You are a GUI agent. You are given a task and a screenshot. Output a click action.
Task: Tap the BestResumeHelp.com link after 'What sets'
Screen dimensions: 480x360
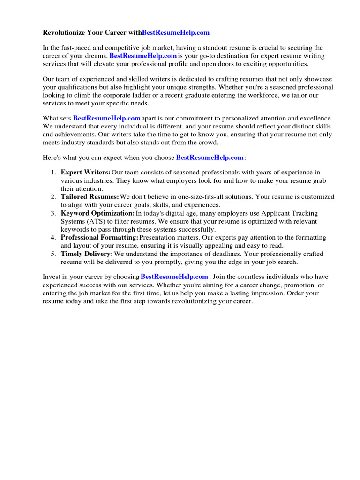point(107,119)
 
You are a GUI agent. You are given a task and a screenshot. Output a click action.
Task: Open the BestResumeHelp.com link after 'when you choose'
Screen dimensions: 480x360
point(210,157)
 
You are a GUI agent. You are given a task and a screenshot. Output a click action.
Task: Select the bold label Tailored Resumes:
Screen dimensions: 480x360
point(90,197)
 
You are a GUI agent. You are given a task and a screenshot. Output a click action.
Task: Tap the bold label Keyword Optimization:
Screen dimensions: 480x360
point(97,213)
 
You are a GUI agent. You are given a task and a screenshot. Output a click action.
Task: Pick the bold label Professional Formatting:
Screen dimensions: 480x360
point(99,238)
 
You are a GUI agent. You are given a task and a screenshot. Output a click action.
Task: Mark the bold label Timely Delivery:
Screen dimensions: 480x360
point(87,254)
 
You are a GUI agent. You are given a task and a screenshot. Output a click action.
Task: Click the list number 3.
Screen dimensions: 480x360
point(53,213)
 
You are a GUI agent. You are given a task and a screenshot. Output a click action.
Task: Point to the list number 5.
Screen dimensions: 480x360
point(53,254)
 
